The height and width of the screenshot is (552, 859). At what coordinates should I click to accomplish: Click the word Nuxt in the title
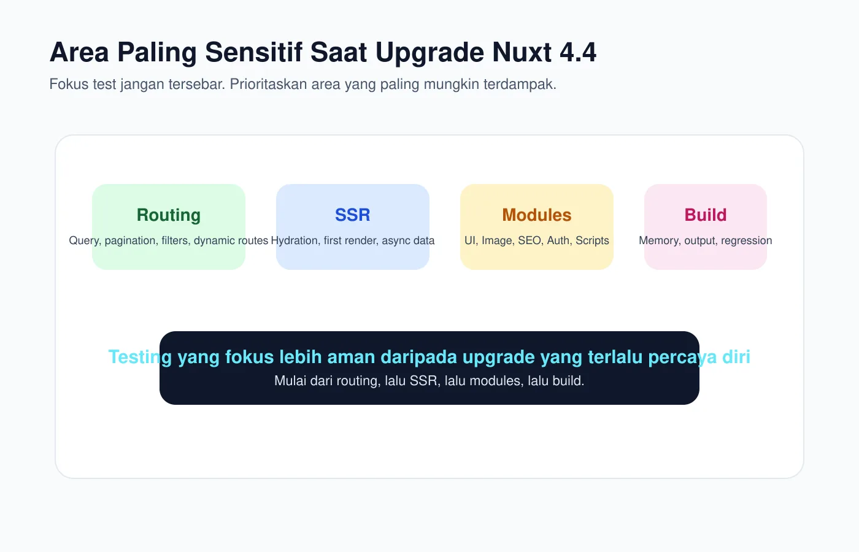click(x=522, y=53)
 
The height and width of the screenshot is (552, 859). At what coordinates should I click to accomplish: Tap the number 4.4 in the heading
click(x=578, y=53)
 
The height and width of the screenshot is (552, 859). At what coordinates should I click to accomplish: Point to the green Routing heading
click(x=169, y=215)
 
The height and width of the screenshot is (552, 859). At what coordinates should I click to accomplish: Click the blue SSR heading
click(x=353, y=215)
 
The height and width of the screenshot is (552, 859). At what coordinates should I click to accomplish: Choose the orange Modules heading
click(x=537, y=215)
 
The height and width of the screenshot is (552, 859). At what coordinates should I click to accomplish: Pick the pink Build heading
click(x=706, y=215)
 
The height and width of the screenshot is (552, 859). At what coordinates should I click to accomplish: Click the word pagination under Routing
click(x=130, y=240)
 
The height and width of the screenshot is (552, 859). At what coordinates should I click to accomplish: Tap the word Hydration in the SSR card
click(x=295, y=240)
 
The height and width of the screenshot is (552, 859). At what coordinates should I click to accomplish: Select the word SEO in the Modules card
click(x=530, y=240)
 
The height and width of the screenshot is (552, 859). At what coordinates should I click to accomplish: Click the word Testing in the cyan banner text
click(x=140, y=357)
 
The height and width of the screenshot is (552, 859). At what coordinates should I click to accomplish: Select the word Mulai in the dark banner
click(x=290, y=381)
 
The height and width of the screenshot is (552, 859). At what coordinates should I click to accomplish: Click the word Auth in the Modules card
click(x=558, y=240)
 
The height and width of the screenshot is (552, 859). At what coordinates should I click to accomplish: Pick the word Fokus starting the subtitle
click(x=69, y=84)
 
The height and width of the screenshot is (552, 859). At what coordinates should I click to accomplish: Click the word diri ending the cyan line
click(x=736, y=357)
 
